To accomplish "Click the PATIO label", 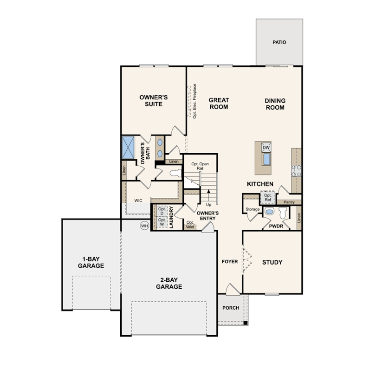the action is pos(279,42).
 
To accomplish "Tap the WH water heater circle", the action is pos(144,226).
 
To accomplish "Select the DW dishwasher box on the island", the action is pos(266,148).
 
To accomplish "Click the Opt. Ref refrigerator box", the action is pos(268,197).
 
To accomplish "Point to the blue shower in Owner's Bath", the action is pos(128,148).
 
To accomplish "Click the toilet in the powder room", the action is pos(283,213).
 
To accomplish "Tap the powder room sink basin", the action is pos(269,212).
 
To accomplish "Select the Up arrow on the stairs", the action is pos(208,194).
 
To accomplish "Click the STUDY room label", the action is pos(272,262).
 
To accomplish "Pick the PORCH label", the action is pos(231,308).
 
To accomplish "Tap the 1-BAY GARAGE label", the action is pos(91,262).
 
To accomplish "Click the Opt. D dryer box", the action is pos(162,211).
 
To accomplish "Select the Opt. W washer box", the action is pos(162,222).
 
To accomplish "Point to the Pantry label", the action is pos(289,202).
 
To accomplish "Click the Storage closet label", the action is pos(253,209).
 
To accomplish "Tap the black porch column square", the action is pos(245,323).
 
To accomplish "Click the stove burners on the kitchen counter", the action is pos(296,171).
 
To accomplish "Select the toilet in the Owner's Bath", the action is pos(175,172).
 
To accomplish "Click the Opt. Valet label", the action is pos(190,225).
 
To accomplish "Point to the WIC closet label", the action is pos(138,201).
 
